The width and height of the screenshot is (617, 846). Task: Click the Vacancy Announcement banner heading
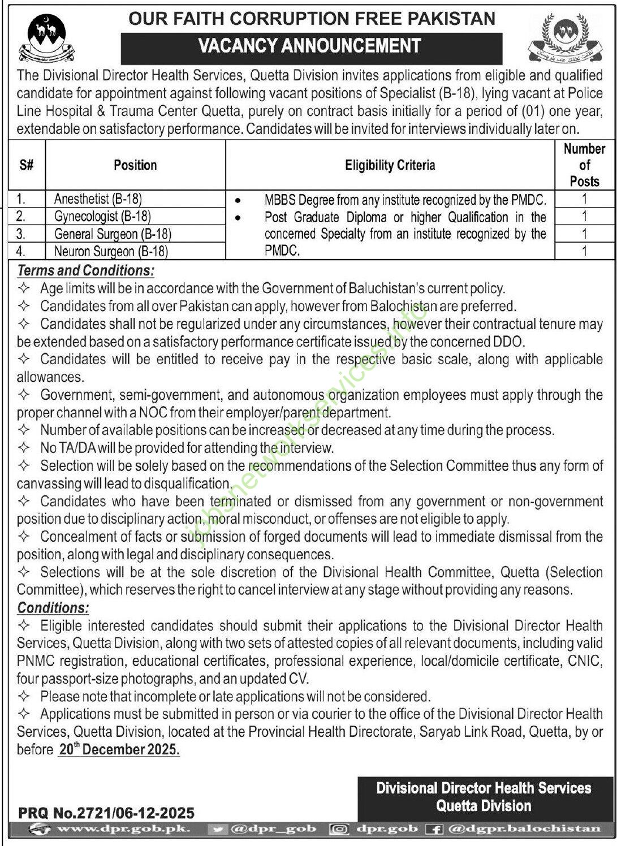coord(311,46)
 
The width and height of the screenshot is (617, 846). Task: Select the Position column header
coord(135,165)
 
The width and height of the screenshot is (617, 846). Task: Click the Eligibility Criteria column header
coord(390,165)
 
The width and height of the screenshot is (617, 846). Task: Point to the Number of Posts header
coord(584,165)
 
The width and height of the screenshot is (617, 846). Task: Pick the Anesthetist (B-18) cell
coord(98,198)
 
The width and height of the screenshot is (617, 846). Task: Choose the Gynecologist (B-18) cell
coord(103,216)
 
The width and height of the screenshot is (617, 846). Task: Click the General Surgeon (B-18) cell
coord(113,234)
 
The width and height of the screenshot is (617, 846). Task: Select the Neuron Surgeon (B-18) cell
coord(111,251)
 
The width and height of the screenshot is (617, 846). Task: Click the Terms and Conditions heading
coord(85,270)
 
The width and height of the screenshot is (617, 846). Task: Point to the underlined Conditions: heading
coord(53,608)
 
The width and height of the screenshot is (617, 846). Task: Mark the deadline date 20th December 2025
coord(118,749)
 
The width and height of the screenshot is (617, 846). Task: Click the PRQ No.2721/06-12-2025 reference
coord(106,813)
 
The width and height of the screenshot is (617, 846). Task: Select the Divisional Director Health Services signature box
coord(484,797)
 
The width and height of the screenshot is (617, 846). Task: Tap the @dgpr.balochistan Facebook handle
coord(525,829)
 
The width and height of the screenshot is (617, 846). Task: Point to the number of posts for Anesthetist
coord(584,198)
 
